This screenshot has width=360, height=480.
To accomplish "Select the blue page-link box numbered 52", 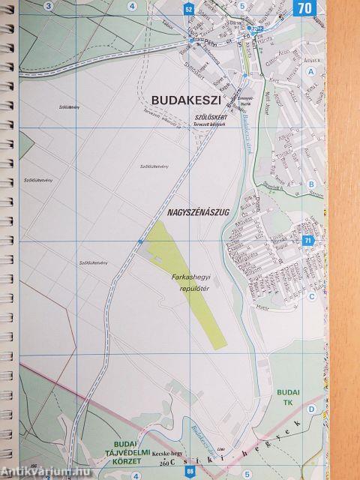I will [187, 9].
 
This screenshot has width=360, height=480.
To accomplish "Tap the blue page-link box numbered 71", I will [307, 241].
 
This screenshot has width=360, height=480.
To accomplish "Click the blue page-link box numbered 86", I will [189, 471].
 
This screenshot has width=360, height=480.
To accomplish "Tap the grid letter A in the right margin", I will [310, 72].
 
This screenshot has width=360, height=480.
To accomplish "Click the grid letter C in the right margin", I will [310, 295].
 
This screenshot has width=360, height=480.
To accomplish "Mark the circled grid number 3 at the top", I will [48, 6].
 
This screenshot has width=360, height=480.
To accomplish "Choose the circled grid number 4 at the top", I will [132, 6].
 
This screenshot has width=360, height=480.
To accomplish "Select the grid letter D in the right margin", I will [310, 409].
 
